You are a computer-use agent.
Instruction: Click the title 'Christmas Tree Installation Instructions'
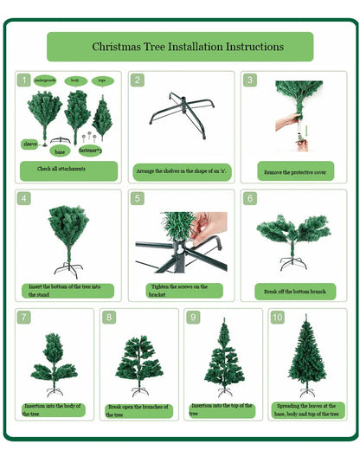(x=179, y=46)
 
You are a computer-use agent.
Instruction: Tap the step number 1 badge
(x=24, y=80)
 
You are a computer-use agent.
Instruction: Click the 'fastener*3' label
(x=90, y=150)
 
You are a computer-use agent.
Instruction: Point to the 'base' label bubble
(x=59, y=151)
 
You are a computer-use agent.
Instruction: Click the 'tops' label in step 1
(x=103, y=80)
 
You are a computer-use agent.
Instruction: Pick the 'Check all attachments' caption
(x=67, y=170)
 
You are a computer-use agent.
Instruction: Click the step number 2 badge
(x=137, y=80)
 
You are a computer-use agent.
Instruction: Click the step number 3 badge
(x=249, y=80)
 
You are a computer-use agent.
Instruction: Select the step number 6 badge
(x=249, y=198)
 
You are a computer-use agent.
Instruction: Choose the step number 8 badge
(x=109, y=317)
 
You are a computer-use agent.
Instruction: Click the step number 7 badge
(x=23, y=317)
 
